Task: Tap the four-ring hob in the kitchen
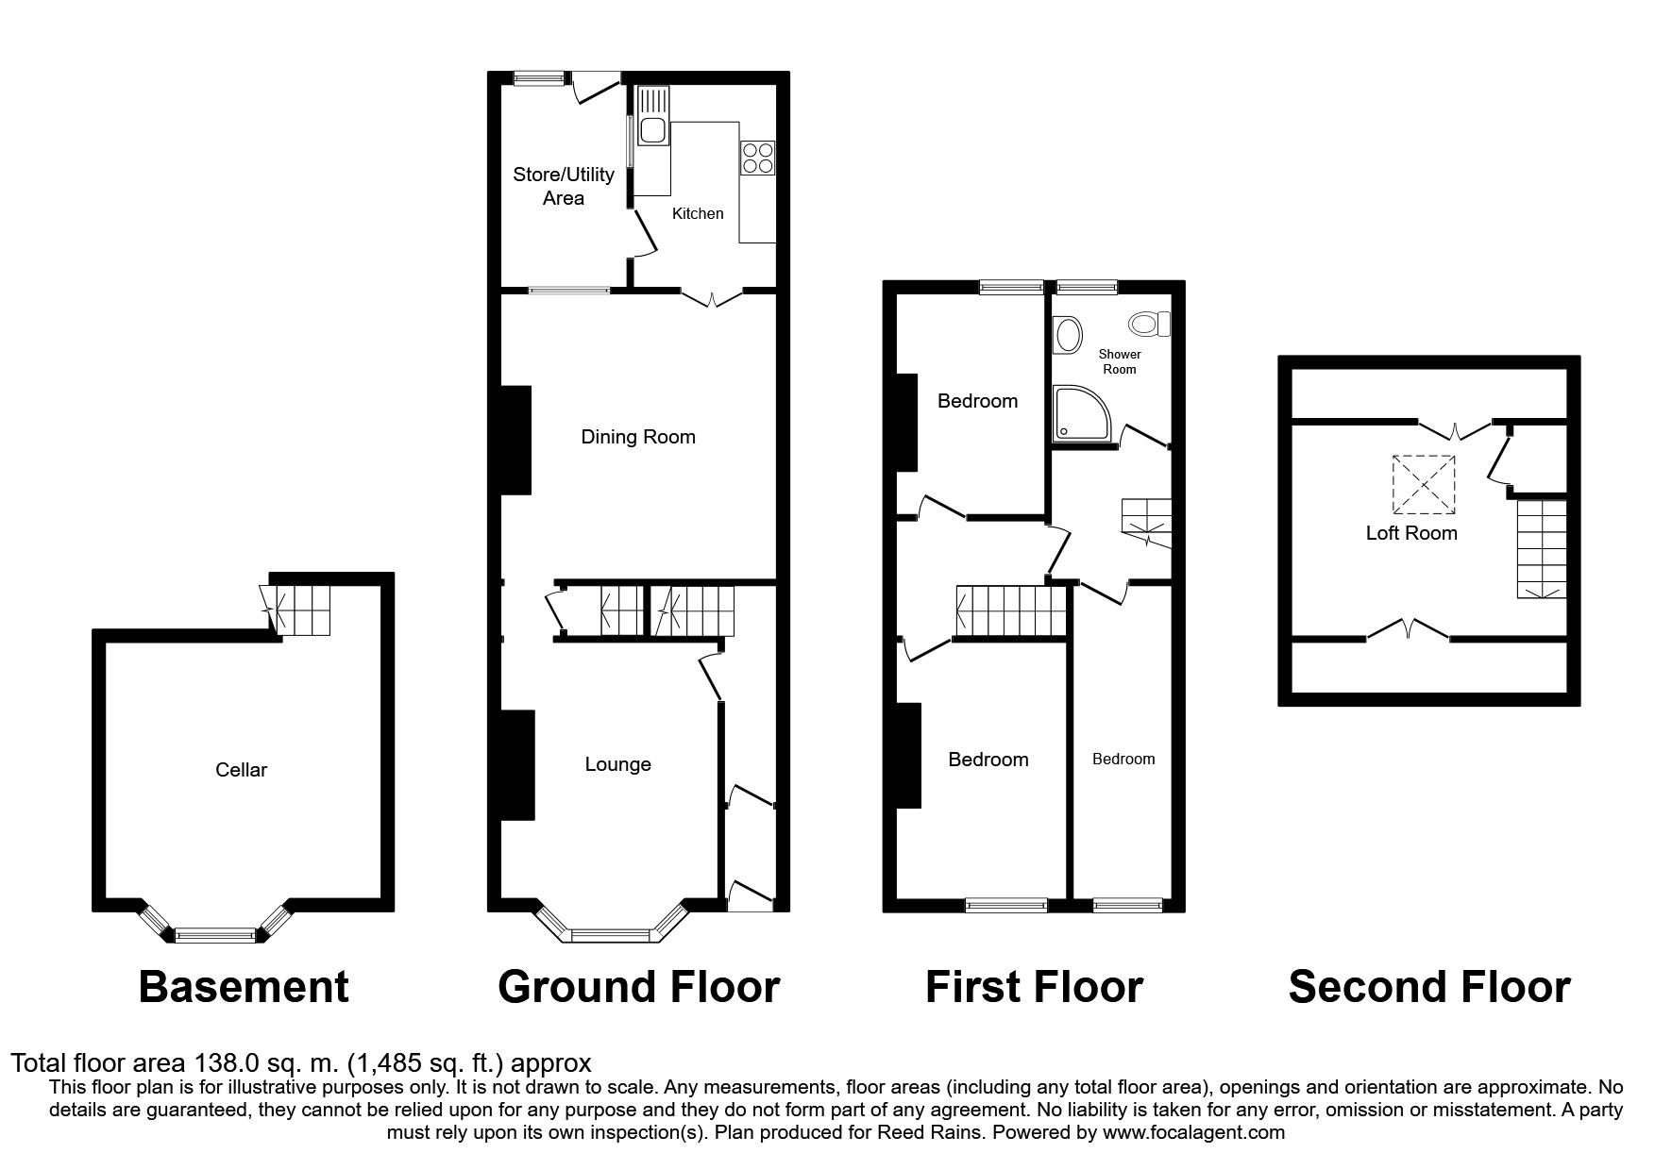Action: click(x=758, y=158)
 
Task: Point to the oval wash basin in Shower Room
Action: click(x=1068, y=335)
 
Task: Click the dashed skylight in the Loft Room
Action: click(x=1424, y=485)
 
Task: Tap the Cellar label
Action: click(x=241, y=770)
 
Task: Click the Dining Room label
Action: click(x=638, y=437)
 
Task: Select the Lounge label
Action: click(x=617, y=764)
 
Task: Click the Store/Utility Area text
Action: click(x=564, y=186)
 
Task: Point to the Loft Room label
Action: click(x=1411, y=533)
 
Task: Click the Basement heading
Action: click(x=244, y=988)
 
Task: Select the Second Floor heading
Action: click(x=1428, y=988)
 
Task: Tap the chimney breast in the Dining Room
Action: click(x=515, y=440)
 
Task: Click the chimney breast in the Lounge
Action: click(x=517, y=764)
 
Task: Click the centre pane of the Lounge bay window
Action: click(x=611, y=936)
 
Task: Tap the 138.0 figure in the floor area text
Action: click(x=227, y=1063)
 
